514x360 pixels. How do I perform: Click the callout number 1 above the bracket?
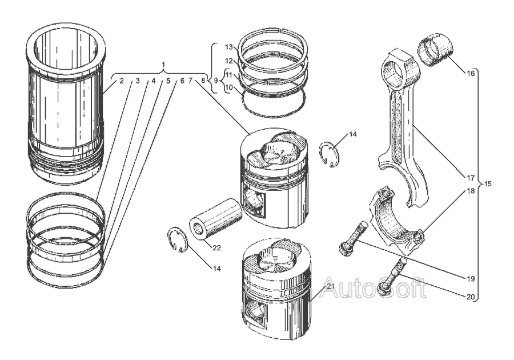click(164, 64)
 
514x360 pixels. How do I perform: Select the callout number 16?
click(471, 74)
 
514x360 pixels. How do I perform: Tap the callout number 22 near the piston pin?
click(216, 248)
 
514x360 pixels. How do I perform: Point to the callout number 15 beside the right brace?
click(488, 184)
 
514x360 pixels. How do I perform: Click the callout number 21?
click(331, 286)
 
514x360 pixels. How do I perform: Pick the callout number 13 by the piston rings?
click(229, 47)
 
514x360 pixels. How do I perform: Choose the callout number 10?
click(229, 87)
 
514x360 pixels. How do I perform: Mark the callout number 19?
click(471, 279)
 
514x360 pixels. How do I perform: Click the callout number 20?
click(471, 297)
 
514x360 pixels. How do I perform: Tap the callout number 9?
click(216, 80)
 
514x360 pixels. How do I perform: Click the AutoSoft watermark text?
click(373, 287)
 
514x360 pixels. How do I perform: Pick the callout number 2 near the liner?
click(122, 81)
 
